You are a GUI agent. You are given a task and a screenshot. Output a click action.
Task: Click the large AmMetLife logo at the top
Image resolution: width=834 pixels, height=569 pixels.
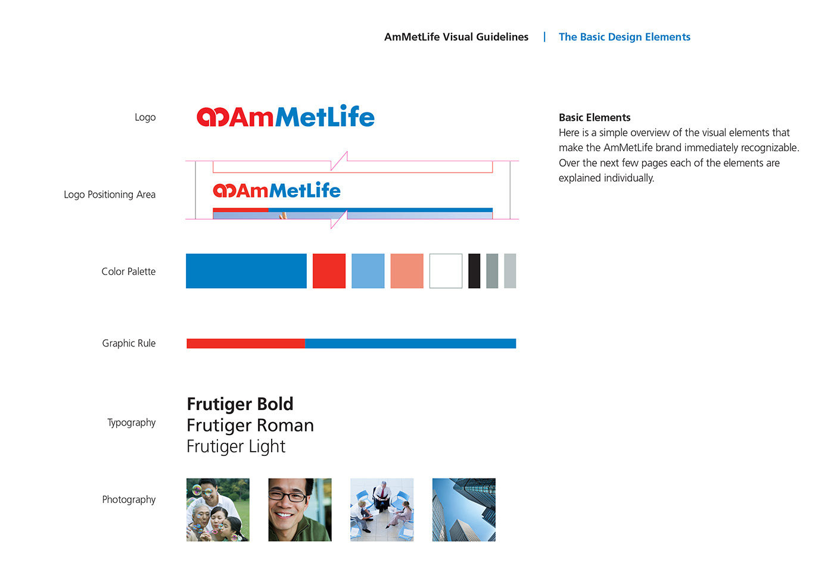pos(285,117)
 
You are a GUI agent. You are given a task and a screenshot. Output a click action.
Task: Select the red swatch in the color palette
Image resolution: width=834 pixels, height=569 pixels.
pos(329,271)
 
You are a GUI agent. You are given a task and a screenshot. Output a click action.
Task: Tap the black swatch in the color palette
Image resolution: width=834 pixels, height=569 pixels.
pos(474,271)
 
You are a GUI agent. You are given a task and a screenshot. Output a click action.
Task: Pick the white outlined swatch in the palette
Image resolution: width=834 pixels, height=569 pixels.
pos(446,271)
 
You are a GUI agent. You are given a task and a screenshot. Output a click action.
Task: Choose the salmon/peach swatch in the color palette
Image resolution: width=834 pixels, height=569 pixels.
pos(407,271)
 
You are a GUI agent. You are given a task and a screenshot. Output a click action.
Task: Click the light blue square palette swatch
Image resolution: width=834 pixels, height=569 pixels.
pos(368,271)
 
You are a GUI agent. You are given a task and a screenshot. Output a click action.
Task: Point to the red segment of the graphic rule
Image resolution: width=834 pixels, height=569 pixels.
pos(245,343)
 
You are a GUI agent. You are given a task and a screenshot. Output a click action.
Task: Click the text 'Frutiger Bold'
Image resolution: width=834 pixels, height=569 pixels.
pos(240,404)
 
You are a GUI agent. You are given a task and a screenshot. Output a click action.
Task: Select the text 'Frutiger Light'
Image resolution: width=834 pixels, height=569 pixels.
pos(236,446)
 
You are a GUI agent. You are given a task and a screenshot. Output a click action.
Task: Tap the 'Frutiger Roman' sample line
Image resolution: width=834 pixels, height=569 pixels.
pos(250,426)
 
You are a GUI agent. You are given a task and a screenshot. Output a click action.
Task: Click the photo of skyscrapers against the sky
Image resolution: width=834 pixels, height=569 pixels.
pos(463,509)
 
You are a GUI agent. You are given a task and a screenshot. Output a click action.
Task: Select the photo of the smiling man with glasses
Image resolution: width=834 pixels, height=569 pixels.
pos(300,509)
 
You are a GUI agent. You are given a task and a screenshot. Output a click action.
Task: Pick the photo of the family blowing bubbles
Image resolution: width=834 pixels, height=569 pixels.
pos(218,509)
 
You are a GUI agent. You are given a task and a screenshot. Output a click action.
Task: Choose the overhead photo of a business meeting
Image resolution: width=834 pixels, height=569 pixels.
pos(382,509)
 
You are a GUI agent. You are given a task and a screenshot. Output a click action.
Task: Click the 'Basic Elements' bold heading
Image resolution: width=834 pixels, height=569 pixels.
pos(595,117)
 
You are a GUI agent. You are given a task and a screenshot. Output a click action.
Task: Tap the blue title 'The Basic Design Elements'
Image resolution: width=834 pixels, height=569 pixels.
pos(624,37)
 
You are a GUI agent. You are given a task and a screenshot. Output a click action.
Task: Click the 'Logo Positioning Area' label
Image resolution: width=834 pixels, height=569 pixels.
pos(110,195)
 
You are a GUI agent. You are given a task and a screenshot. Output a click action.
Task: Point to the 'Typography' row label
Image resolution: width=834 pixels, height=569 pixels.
pos(131,423)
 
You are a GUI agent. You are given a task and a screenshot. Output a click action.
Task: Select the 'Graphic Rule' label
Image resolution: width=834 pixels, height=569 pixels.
pos(129,343)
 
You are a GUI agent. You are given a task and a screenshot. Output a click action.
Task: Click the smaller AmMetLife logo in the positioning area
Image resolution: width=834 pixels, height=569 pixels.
pos(276,190)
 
